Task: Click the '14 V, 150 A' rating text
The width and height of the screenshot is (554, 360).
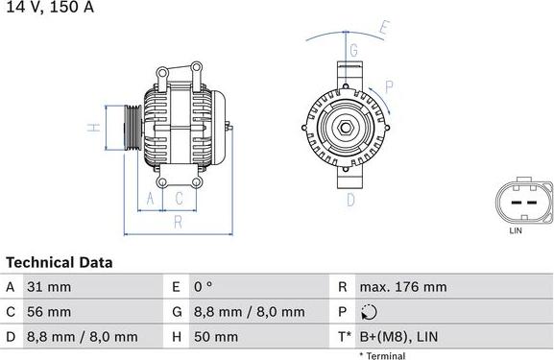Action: coord(47,8)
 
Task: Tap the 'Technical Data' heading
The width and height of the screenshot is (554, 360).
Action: coord(60,262)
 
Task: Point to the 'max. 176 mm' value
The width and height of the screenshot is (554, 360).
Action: coord(403,287)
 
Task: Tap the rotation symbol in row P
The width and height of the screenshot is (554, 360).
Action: coord(371,312)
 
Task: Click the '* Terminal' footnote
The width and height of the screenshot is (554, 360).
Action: coord(382,355)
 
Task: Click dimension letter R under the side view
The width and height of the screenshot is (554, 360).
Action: coord(178,223)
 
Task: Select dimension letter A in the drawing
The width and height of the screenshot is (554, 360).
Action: coord(150,199)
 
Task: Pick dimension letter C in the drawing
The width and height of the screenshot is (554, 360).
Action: coord(179,199)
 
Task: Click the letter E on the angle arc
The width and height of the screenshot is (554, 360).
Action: coord(384,27)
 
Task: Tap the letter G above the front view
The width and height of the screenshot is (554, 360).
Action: coord(353,49)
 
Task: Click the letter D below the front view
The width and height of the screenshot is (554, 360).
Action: coord(350,200)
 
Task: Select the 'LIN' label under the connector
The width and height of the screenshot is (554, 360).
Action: coord(515,230)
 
